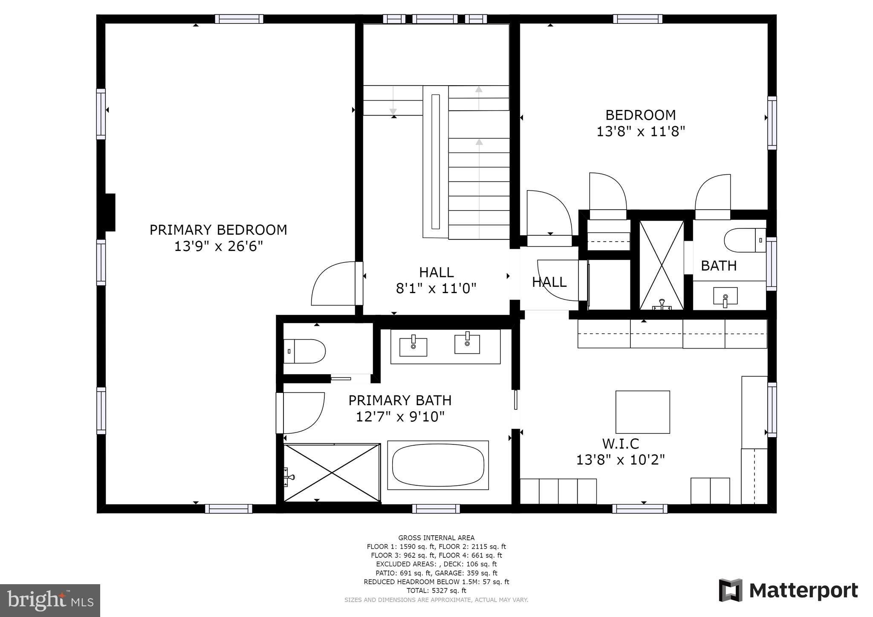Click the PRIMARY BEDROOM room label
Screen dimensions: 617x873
point(218,230)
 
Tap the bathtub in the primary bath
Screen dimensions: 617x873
point(438,465)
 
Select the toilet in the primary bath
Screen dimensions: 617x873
point(305,351)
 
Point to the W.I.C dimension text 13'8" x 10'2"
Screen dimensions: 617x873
point(621,460)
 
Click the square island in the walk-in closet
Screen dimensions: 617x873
point(642,412)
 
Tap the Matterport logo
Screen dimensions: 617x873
point(788,591)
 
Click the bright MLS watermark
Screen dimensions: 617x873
point(50,600)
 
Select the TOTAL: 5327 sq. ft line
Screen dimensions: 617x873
point(436,591)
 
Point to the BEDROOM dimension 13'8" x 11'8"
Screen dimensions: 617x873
point(640,131)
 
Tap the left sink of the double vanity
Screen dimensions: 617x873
point(413,346)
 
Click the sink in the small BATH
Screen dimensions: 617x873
point(725,296)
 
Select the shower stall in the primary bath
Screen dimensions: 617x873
point(332,473)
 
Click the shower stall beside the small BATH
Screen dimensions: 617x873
point(661,265)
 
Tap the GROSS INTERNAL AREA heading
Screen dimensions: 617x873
point(436,538)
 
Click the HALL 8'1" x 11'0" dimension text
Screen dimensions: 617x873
point(436,289)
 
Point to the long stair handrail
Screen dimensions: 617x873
point(435,162)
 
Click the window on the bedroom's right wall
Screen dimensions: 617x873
point(772,123)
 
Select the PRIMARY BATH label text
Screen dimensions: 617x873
point(400,401)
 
